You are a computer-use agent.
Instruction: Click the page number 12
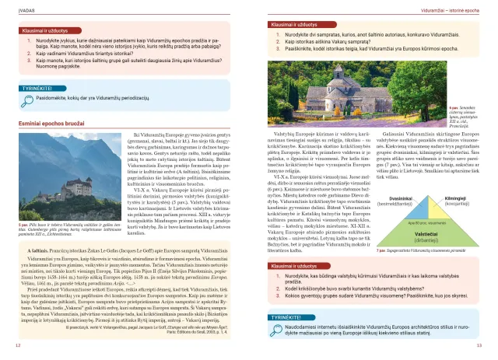point(17,344)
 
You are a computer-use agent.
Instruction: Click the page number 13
point(479,344)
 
